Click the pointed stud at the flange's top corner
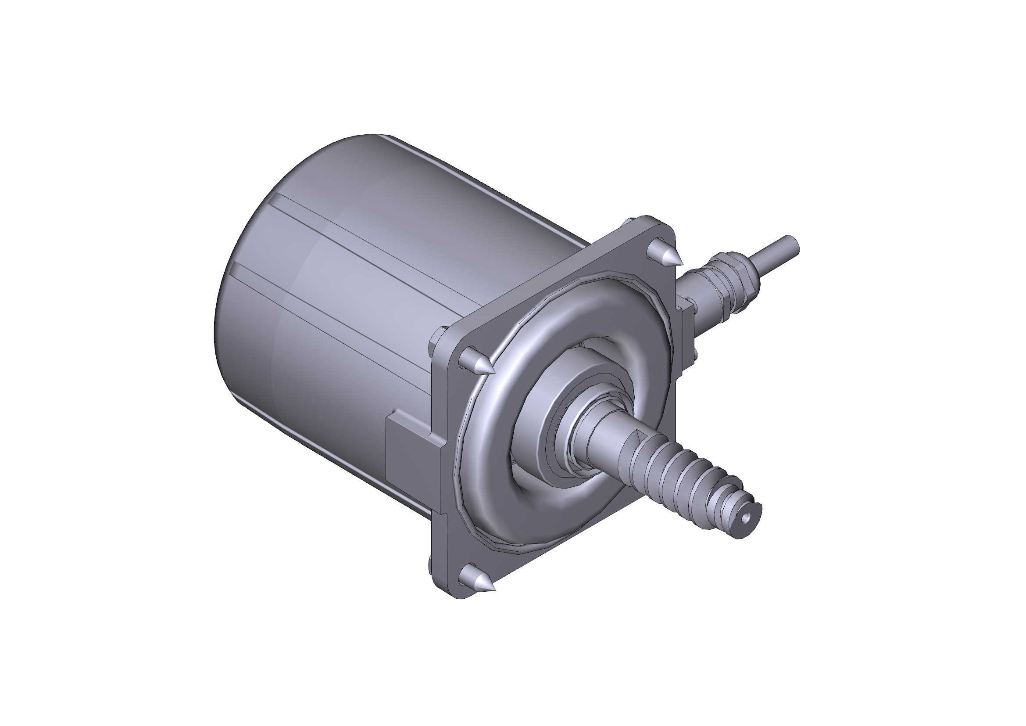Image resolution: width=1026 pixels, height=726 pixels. point(666,253)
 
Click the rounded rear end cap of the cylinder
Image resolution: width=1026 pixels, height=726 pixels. point(250,277)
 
